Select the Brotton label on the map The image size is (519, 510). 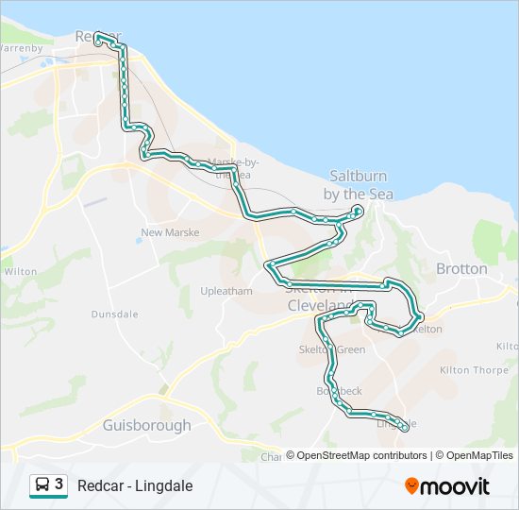(x=461, y=269)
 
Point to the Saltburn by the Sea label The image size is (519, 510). (x=358, y=184)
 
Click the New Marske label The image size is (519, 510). (x=170, y=232)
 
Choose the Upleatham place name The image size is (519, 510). (x=226, y=291)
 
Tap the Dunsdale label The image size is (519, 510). (x=114, y=314)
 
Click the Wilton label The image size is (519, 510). (x=20, y=271)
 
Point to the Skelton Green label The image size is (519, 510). (x=331, y=349)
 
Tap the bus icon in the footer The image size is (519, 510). (x=42, y=485)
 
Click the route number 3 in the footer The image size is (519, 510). (x=59, y=484)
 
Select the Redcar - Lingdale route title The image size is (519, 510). (x=135, y=485)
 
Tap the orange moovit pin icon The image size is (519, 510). (x=412, y=486)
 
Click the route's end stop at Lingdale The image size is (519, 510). (x=406, y=428)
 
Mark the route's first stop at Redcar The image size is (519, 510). (x=97, y=37)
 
